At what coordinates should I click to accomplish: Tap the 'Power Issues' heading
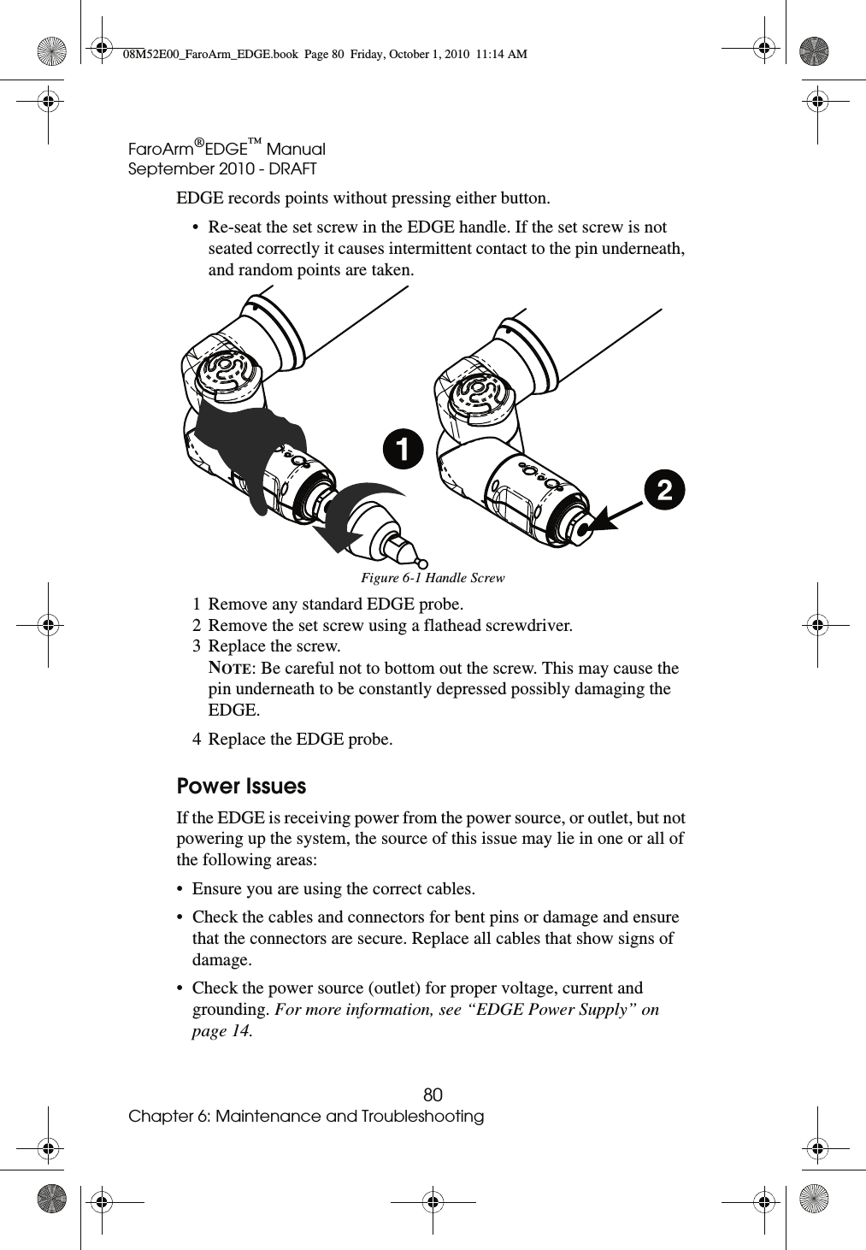click(x=241, y=786)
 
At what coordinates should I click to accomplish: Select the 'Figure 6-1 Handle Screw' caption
click(x=433, y=578)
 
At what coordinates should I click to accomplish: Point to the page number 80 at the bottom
click(x=433, y=1095)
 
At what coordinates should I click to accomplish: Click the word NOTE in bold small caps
click(x=230, y=668)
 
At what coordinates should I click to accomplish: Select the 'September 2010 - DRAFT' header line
click(x=222, y=169)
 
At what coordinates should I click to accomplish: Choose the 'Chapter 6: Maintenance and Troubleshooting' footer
click(x=306, y=1117)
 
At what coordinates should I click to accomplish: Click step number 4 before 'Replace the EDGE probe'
click(x=197, y=740)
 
